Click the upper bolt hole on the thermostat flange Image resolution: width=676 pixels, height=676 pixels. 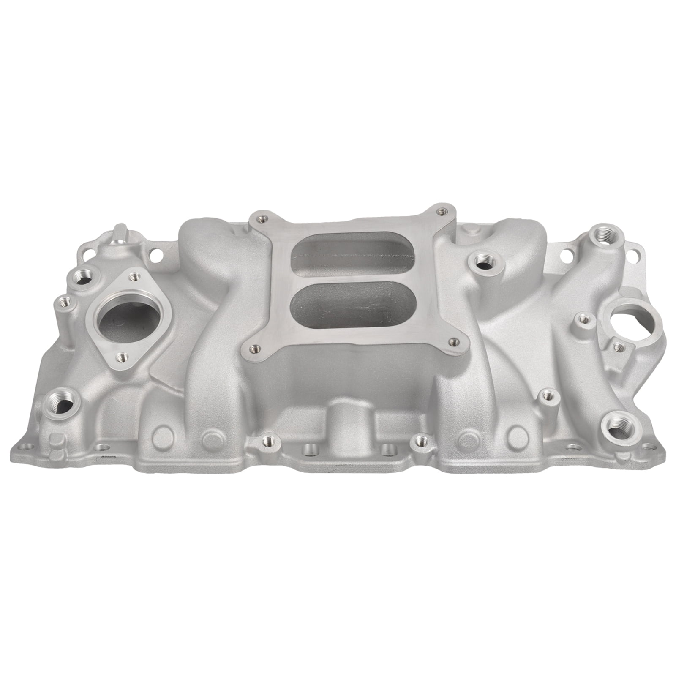[x=135, y=276]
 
